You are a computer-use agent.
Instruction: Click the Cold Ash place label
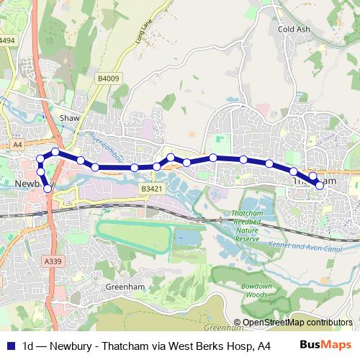[293, 30]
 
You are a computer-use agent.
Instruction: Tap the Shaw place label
[69, 116]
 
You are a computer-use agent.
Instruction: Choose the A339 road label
[50, 261]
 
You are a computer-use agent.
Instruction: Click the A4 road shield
[17, 145]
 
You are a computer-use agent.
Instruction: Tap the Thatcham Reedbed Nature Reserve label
[247, 226]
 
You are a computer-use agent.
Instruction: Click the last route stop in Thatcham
[319, 185]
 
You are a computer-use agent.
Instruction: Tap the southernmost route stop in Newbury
[48, 189]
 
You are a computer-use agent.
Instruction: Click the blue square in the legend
[10, 344]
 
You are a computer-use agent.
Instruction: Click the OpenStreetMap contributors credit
[297, 323]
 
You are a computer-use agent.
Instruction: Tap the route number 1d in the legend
[30, 344]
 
